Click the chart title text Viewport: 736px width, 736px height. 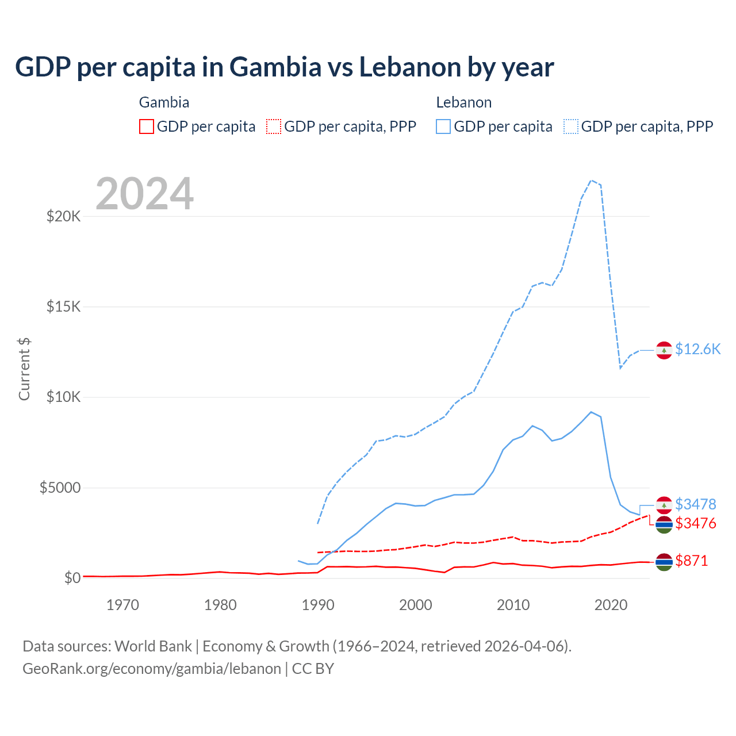284,67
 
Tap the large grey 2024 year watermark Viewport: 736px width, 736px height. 145,194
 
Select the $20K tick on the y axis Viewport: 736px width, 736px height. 63,217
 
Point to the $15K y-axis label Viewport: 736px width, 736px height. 63,306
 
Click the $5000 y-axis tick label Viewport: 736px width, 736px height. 60,488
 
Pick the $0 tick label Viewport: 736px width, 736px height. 72,578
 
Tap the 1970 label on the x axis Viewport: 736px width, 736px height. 122,605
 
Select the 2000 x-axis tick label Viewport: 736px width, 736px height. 415,605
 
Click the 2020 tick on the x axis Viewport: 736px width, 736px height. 611,605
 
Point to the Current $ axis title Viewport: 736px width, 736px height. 24,369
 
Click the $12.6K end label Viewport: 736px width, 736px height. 697,350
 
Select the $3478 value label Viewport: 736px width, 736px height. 695,504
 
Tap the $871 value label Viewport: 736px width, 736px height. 691,561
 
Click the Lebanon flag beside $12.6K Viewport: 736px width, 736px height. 664,350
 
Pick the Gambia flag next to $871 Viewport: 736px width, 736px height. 664,562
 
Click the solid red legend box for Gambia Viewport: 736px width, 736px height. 147,126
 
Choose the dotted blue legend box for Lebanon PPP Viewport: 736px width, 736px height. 571,126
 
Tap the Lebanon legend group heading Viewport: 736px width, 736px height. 463,102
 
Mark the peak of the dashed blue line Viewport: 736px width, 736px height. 591,181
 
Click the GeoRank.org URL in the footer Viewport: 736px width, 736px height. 152,669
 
